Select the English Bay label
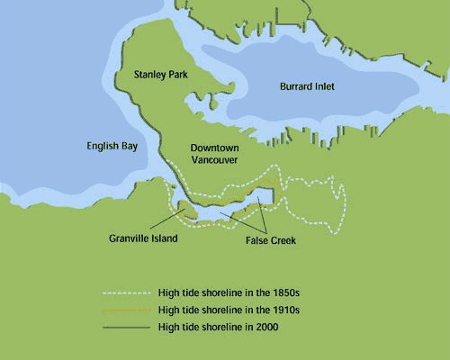click(x=112, y=146)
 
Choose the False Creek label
click(x=271, y=242)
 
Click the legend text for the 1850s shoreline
click(x=229, y=292)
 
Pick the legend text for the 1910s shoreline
click(x=229, y=310)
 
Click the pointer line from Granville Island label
click(x=163, y=223)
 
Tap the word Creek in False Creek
click(x=282, y=242)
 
